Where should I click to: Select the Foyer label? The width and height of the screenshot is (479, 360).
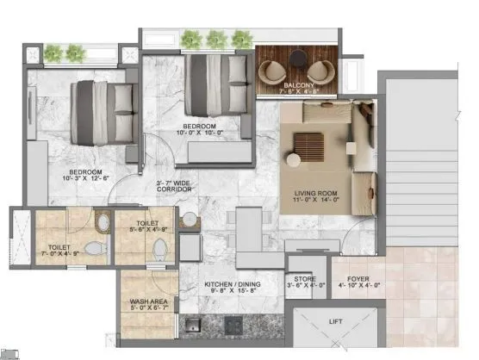pyautogui.click(x=359, y=279)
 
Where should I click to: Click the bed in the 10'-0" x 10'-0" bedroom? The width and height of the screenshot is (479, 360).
pyautogui.click(x=211, y=86)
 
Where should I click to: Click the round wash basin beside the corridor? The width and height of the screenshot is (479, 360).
pyautogui.click(x=188, y=219)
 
